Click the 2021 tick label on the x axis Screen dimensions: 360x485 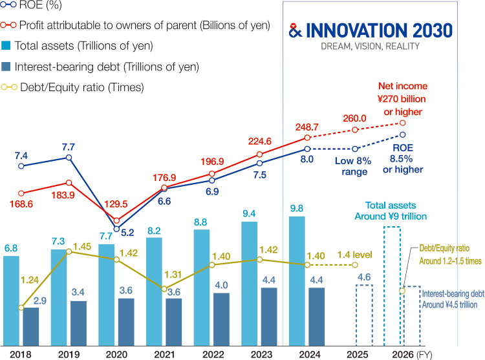pos(164,354)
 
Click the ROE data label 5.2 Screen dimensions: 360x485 pos(128,232)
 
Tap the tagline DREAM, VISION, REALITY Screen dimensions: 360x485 pos(371,47)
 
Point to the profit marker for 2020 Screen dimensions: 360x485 pos(116,220)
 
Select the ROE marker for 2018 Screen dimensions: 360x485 pos(21,166)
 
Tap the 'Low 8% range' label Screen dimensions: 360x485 pos(352,167)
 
